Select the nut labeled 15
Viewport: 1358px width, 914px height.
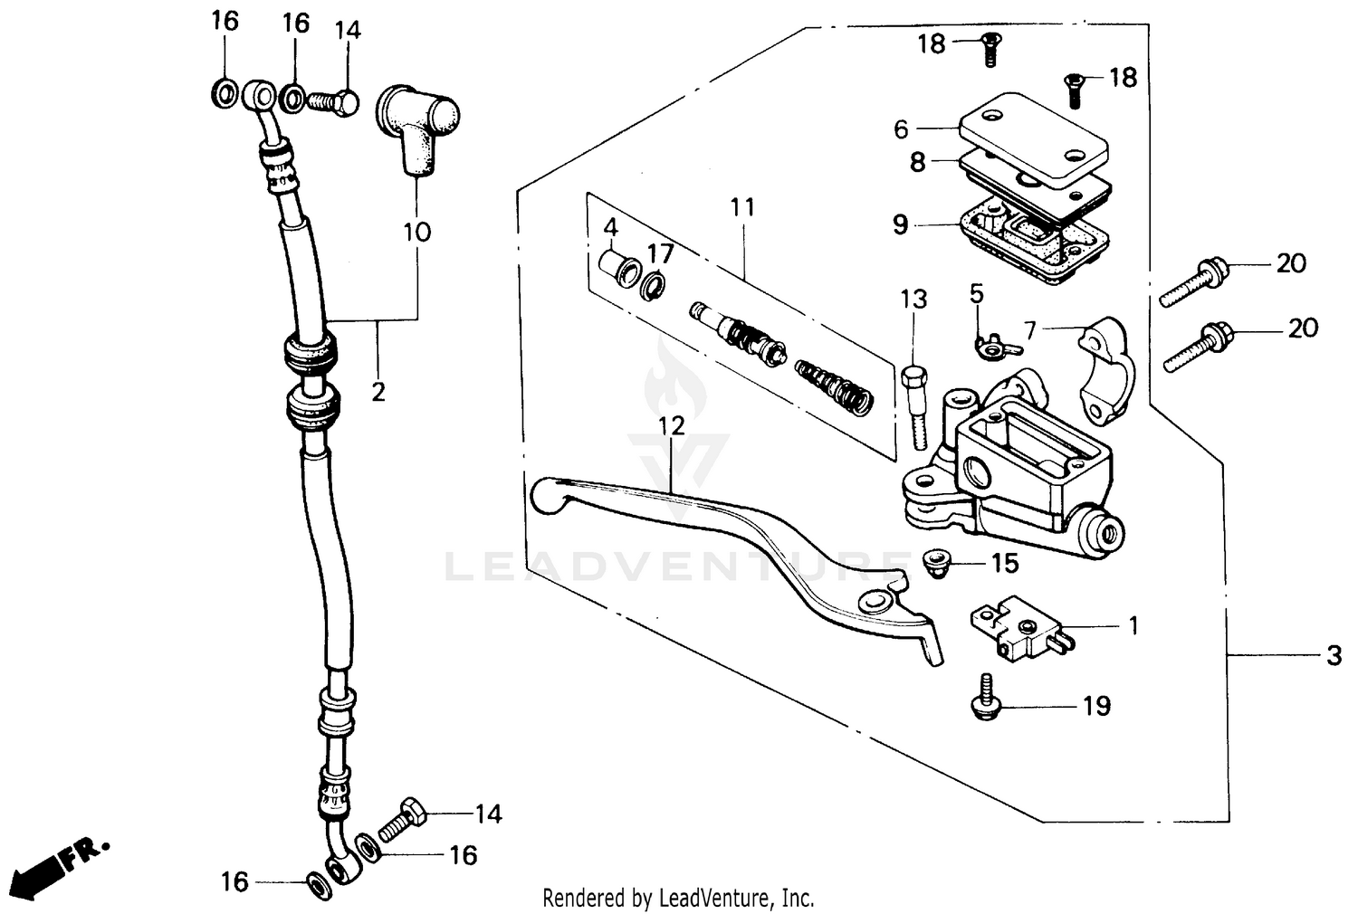pos(935,562)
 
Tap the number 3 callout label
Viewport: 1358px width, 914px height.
pos(1334,655)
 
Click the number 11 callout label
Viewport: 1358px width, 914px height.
pos(742,207)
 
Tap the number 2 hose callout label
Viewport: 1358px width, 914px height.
pos(378,392)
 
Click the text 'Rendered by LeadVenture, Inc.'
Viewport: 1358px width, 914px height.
pos(678,898)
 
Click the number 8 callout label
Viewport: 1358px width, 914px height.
pos(917,162)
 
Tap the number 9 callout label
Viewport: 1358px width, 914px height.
pos(900,224)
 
